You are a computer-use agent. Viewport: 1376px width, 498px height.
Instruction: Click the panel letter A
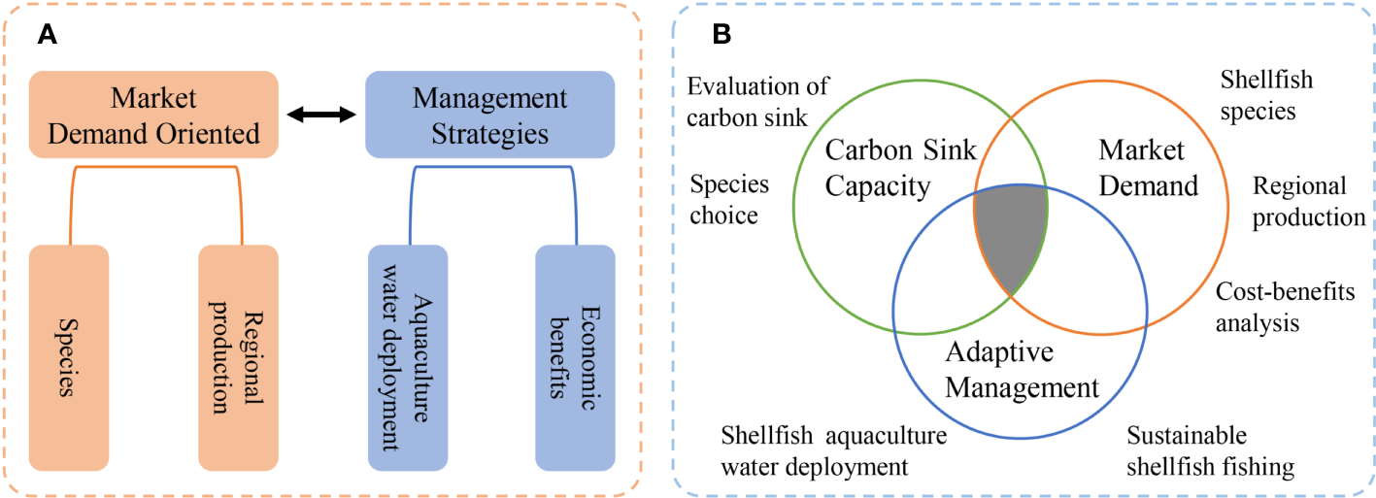(x=47, y=36)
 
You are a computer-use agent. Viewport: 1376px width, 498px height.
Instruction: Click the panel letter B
(x=722, y=35)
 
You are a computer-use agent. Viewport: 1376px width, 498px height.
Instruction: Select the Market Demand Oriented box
(x=153, y=115)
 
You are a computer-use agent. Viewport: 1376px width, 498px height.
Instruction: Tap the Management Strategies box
(x=489, y=115)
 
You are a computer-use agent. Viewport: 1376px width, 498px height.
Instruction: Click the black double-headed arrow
(x=321, y=116)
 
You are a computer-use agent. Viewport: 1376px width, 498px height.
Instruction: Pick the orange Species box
(x=69, y=357)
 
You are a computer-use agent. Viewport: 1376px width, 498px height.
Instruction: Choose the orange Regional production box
(x=238, y=357)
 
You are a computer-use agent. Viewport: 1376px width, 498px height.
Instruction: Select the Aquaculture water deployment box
(x=408, y=357)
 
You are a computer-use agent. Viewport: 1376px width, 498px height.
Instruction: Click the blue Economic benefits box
(x=575, y=357)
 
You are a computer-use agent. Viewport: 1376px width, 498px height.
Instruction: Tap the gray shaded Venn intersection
(x=1011, y=234)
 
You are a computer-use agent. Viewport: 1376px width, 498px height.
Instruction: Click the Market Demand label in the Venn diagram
(x=1148, y=167)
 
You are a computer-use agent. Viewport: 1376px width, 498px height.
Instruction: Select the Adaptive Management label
(x=1022, y=370)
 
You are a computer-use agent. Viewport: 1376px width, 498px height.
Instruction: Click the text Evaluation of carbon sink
(x=758, y=102)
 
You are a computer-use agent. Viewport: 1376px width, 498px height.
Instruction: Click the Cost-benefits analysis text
(x=1285, y=307)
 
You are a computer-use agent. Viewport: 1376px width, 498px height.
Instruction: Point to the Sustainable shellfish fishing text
(x=1210, y=450)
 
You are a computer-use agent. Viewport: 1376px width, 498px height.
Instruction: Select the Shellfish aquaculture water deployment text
(x=832, y=450)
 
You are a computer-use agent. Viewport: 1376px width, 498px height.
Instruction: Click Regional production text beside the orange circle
(x=1308, y=201)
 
